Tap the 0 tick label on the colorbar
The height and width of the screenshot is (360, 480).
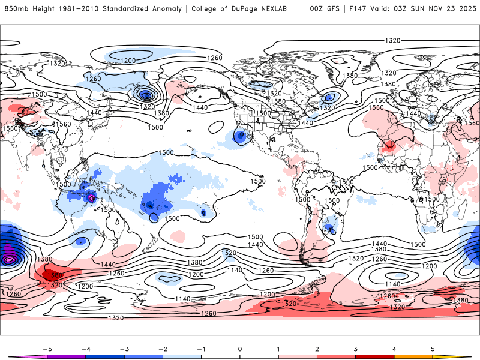[239, 348]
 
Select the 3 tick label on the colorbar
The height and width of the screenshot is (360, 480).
[356, 348]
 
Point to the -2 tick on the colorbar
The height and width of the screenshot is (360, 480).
[163, 348]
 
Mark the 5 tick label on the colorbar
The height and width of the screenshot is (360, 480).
[433, 348]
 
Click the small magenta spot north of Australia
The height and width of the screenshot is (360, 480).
[92, 197]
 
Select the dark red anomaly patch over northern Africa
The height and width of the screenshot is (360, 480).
[391, 145]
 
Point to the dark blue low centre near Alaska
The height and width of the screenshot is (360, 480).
[145, 94]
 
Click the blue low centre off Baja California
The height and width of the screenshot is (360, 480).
[241, 136]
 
